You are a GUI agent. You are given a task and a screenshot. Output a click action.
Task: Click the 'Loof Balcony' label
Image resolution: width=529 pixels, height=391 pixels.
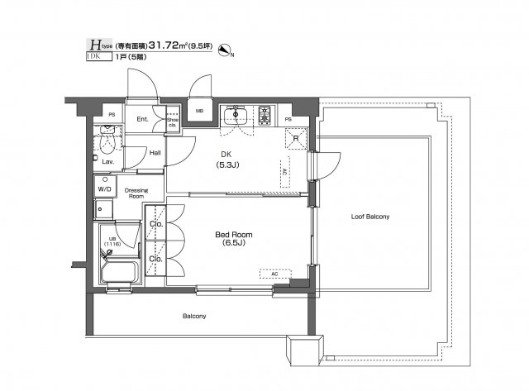tap(369, 216)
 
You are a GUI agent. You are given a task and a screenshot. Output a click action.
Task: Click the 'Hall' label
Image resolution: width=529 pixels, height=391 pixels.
tap(155, 153)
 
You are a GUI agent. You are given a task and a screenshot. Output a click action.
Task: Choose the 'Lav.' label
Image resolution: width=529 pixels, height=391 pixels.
tap(107, 162)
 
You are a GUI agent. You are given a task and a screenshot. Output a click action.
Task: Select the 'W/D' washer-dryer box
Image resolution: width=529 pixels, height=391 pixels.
tap(105, 188)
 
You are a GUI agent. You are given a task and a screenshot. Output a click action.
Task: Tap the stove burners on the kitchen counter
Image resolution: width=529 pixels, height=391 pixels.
tap(265, 113)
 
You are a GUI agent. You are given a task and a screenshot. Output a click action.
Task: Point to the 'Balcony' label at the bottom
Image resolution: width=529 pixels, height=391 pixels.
tap(195, 316)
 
